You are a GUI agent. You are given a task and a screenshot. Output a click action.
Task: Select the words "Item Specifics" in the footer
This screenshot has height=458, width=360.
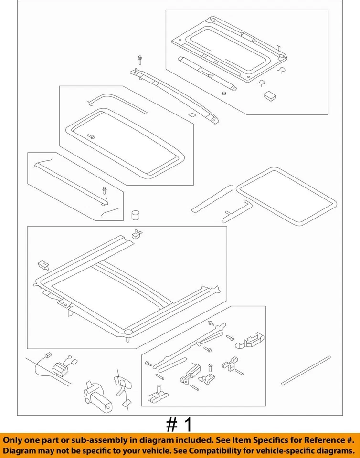[x=269, y=439]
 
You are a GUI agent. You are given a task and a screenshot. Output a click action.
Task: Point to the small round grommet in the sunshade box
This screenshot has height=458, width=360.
[x=224, y=93]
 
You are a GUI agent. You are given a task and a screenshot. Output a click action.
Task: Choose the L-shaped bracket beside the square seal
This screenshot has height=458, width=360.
[x=236, y=211]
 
